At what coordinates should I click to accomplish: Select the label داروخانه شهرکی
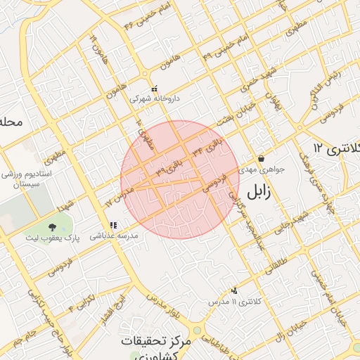154,99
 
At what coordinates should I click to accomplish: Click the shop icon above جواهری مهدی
262,159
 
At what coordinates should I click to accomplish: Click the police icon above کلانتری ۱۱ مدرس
234,290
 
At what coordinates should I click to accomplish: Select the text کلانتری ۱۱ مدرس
234,301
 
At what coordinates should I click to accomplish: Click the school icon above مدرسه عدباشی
113,225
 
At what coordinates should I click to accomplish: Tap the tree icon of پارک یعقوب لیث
53,226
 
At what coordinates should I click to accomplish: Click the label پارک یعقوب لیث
53,238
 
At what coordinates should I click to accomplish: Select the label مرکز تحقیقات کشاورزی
155,345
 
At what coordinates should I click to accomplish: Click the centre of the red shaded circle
180,179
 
